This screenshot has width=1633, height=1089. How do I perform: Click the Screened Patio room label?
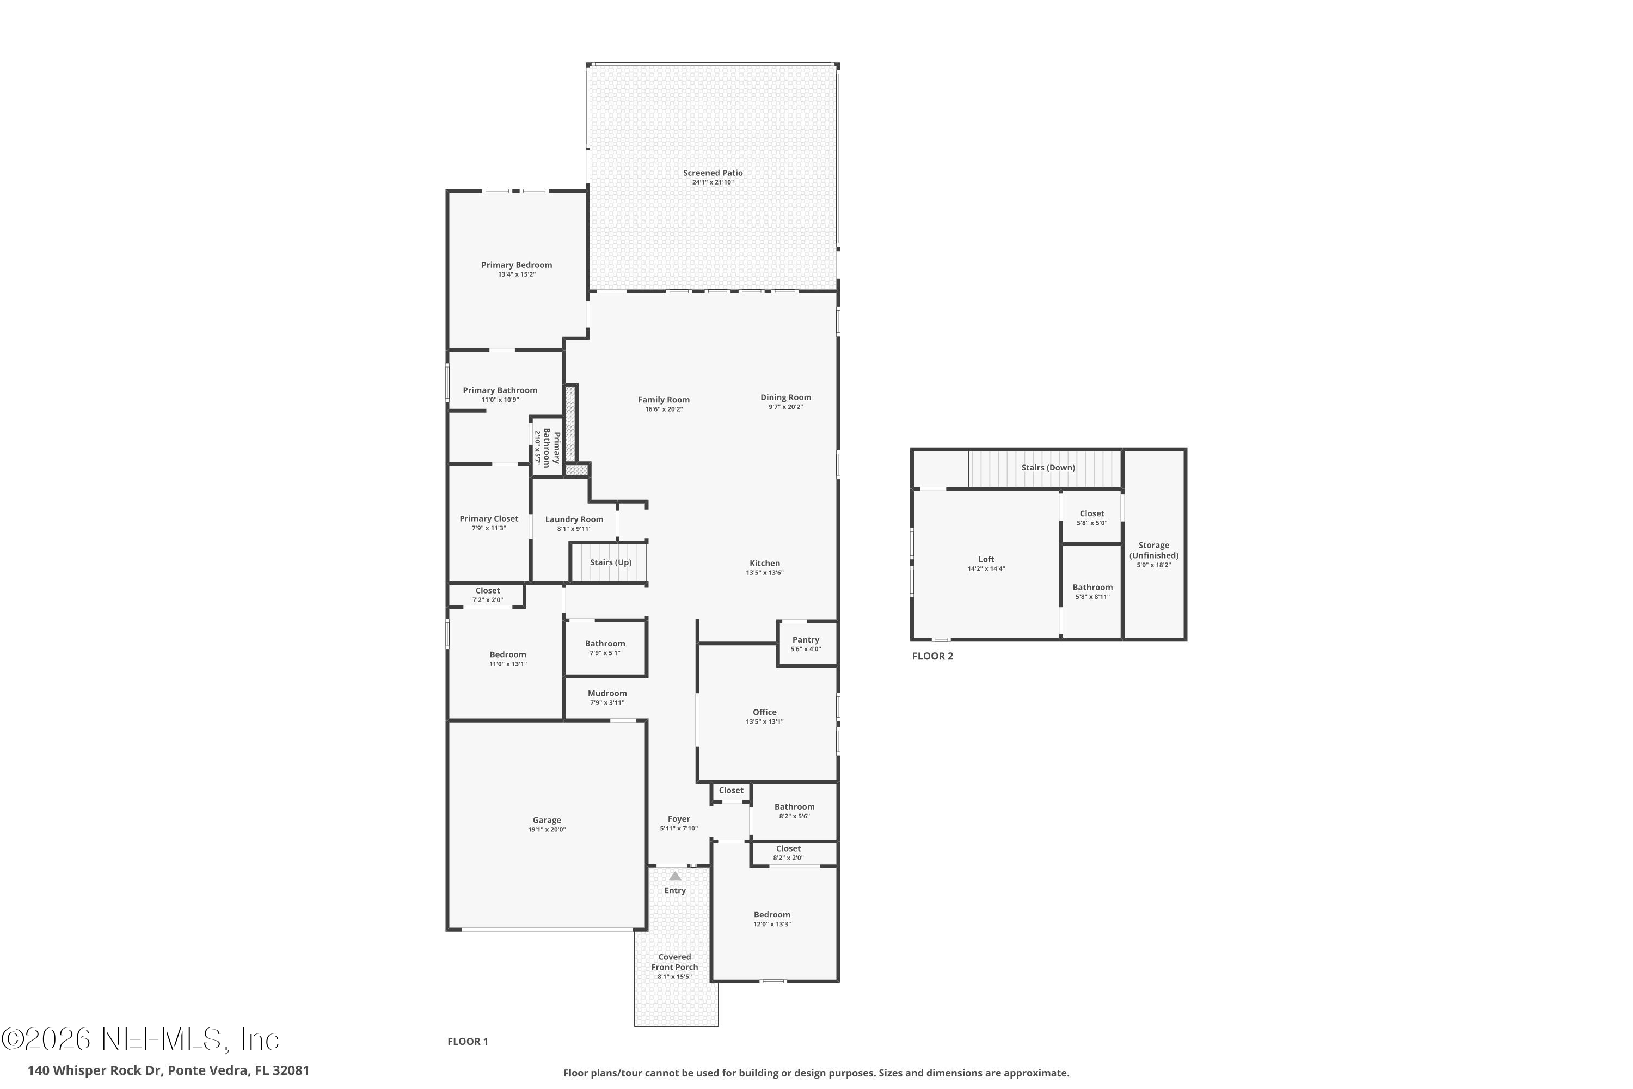[x=713, y=173]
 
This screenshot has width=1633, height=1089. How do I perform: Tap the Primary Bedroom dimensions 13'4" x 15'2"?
[x=517, y=274]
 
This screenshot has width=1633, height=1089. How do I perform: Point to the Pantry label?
[x=806, y=640]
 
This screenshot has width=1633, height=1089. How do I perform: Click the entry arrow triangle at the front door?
[x=675, y=877]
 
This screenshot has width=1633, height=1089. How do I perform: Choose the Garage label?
[x=547, y=820]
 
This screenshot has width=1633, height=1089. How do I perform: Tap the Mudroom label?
[x=607, y=693]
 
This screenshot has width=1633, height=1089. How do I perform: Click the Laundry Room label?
[x=574, y=519]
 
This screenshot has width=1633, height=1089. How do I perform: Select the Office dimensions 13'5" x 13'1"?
[x=764, y=721]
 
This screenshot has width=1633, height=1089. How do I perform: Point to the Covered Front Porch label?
[x=674, y=962]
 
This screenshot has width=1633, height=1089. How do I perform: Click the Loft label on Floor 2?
[x=986, y=559]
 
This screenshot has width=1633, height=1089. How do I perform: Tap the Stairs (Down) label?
[x=1048, y=467]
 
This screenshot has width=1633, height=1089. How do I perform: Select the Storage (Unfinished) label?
[x=1153, y=550]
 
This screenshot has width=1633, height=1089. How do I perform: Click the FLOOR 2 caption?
[x=932, y=656]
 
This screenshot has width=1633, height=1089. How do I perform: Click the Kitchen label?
[x=764, y=563]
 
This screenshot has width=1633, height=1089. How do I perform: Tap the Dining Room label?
[x=785, y=397]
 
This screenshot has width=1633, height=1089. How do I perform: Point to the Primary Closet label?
[x=489, y=518]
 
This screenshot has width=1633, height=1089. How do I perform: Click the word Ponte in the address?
[x=186, y=1070]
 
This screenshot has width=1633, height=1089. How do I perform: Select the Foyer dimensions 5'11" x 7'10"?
[x=678, y=829]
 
